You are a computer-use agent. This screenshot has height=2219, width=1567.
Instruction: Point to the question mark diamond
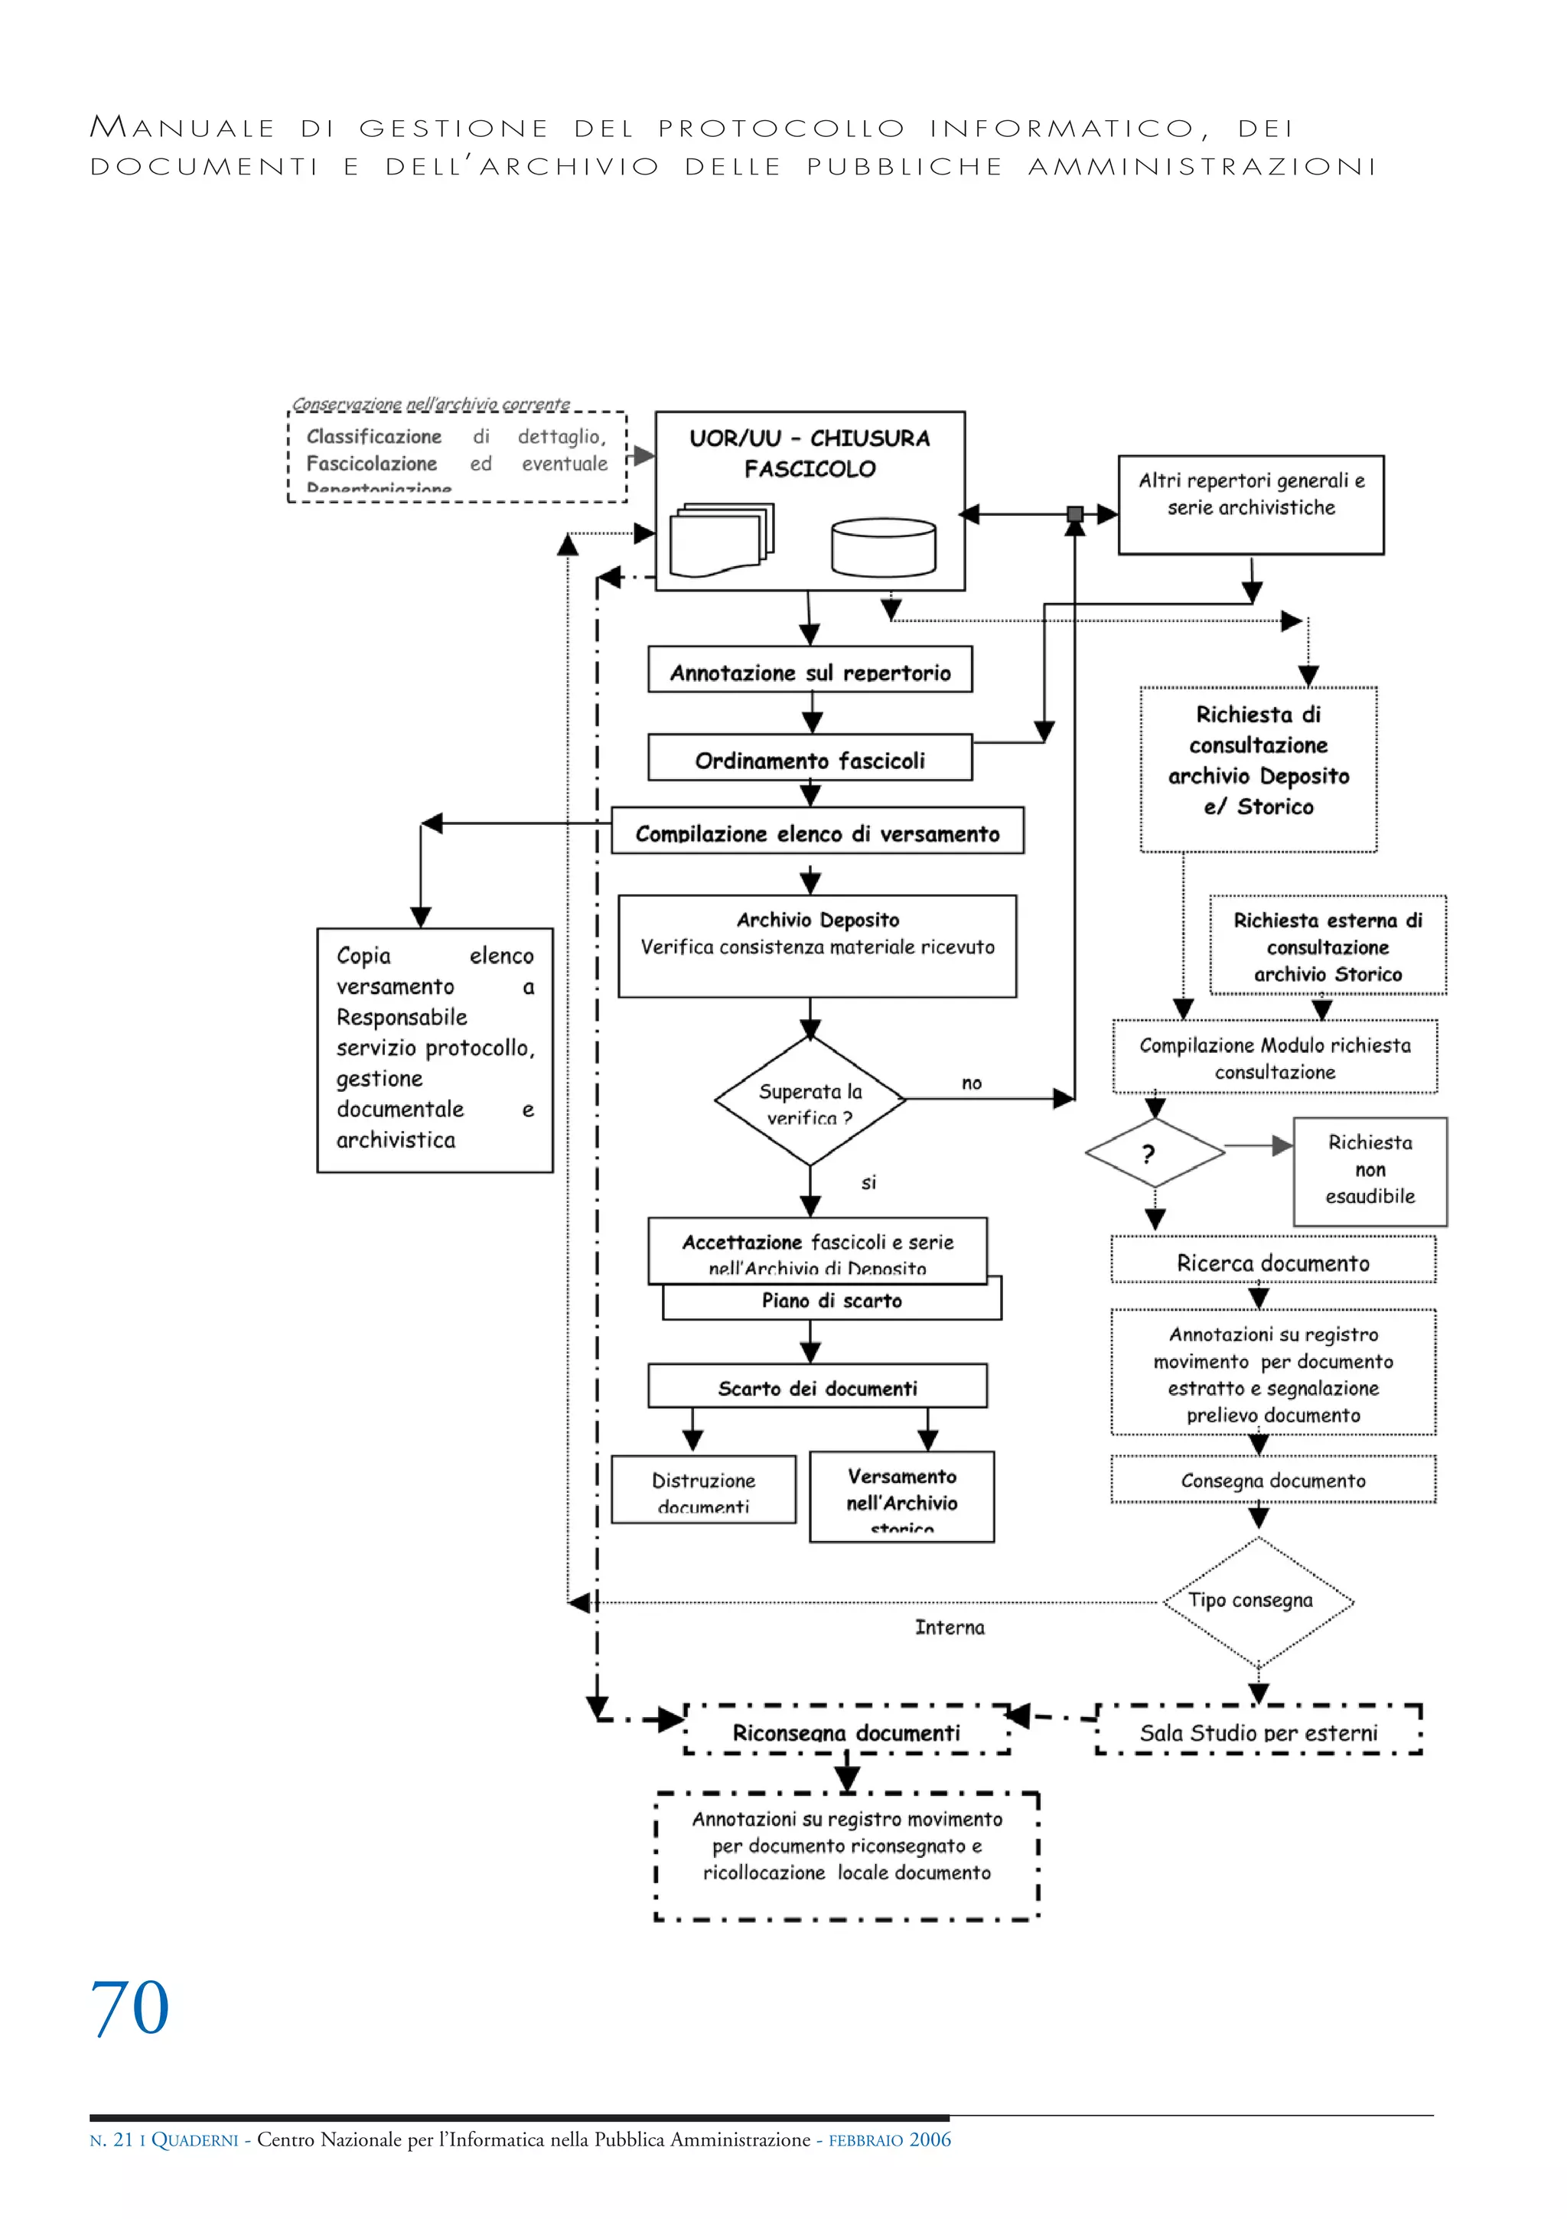1155,1152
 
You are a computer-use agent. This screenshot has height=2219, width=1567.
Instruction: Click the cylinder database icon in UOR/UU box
883,547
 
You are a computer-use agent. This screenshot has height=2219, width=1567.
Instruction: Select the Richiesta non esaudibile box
1369,1171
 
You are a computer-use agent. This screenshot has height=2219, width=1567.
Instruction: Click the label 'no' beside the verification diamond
972,1083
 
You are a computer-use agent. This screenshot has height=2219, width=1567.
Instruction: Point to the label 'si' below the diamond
868,1182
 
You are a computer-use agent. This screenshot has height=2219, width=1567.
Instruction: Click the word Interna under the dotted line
950,1628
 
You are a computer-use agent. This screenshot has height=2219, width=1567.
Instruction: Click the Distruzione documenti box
703,1489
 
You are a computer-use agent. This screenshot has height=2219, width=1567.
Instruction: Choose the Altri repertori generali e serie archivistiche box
1250,504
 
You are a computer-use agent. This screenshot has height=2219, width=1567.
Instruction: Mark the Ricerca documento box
1272,1263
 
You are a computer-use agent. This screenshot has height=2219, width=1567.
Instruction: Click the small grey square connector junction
1074,514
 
